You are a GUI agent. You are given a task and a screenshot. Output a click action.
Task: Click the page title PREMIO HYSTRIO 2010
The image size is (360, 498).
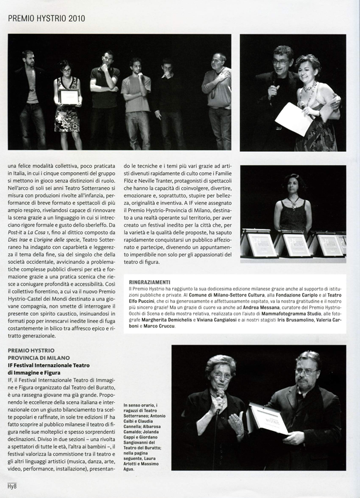click(47, 18)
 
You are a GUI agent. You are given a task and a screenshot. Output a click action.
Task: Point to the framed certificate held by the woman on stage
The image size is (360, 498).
click(69, 97)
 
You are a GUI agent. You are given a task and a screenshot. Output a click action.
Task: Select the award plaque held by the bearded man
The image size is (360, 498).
click(266, 420)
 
